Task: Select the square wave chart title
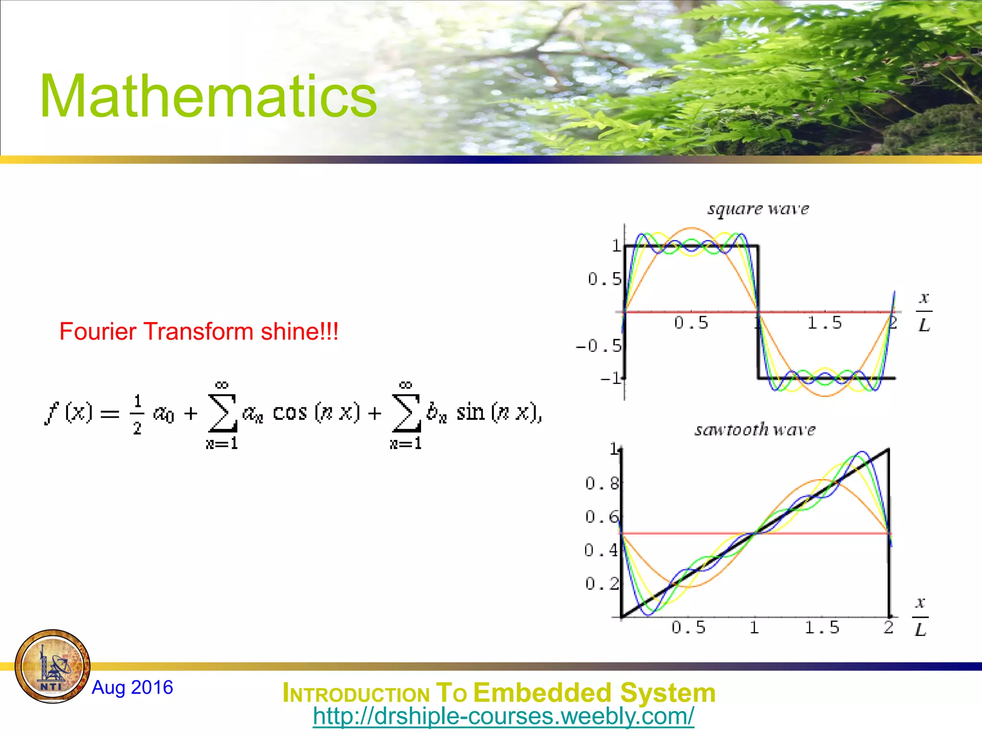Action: (758, 209)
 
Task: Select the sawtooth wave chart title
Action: (755, 429)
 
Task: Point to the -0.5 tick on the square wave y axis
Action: (599, 345)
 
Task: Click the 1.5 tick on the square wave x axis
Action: (824, 323)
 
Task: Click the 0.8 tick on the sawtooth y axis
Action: (602, 483)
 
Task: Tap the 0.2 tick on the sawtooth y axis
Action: (602, 584)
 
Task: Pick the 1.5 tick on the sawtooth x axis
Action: (822, 628)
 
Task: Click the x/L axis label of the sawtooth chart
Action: (920, 617)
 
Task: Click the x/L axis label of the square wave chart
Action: (924, 312)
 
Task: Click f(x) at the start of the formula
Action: (68, 412)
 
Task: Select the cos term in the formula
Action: (290, 412)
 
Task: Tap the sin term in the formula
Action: (470, 412)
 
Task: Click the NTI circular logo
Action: (53, 667)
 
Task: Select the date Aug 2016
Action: (132, 688)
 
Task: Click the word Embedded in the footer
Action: (543, 693)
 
